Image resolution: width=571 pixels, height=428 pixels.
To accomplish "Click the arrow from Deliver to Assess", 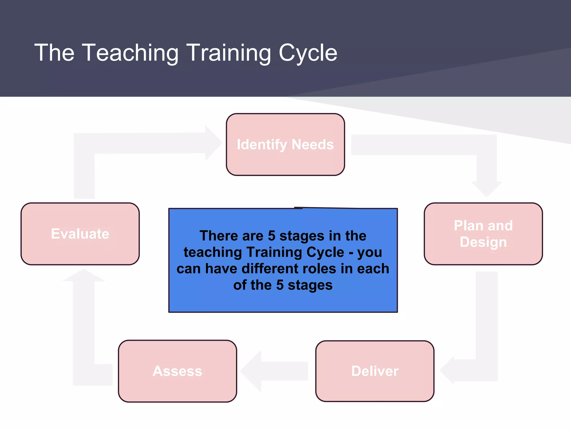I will click(x=275, y=371).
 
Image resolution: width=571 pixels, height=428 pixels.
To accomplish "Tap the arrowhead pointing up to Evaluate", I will click(x=84, y=276).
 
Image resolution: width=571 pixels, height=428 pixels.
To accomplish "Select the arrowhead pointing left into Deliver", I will click(x=447, y=370).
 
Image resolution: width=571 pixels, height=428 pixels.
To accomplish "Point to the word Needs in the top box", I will click(x=313, y=144).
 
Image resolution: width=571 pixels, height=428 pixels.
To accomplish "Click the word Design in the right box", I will click(x=483, y=242).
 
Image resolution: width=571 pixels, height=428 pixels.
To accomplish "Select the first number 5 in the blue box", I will click(x=272, y=236).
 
